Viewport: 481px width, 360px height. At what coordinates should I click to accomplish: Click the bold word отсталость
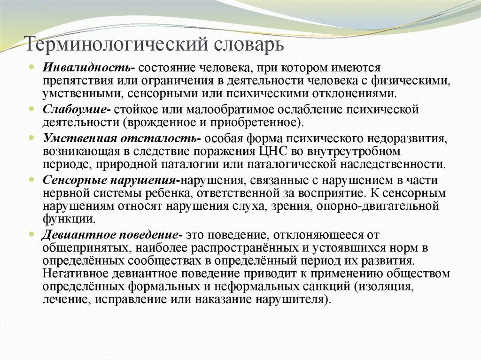coord(160,139)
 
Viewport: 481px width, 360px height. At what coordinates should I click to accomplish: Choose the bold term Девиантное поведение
coord(112,235)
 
